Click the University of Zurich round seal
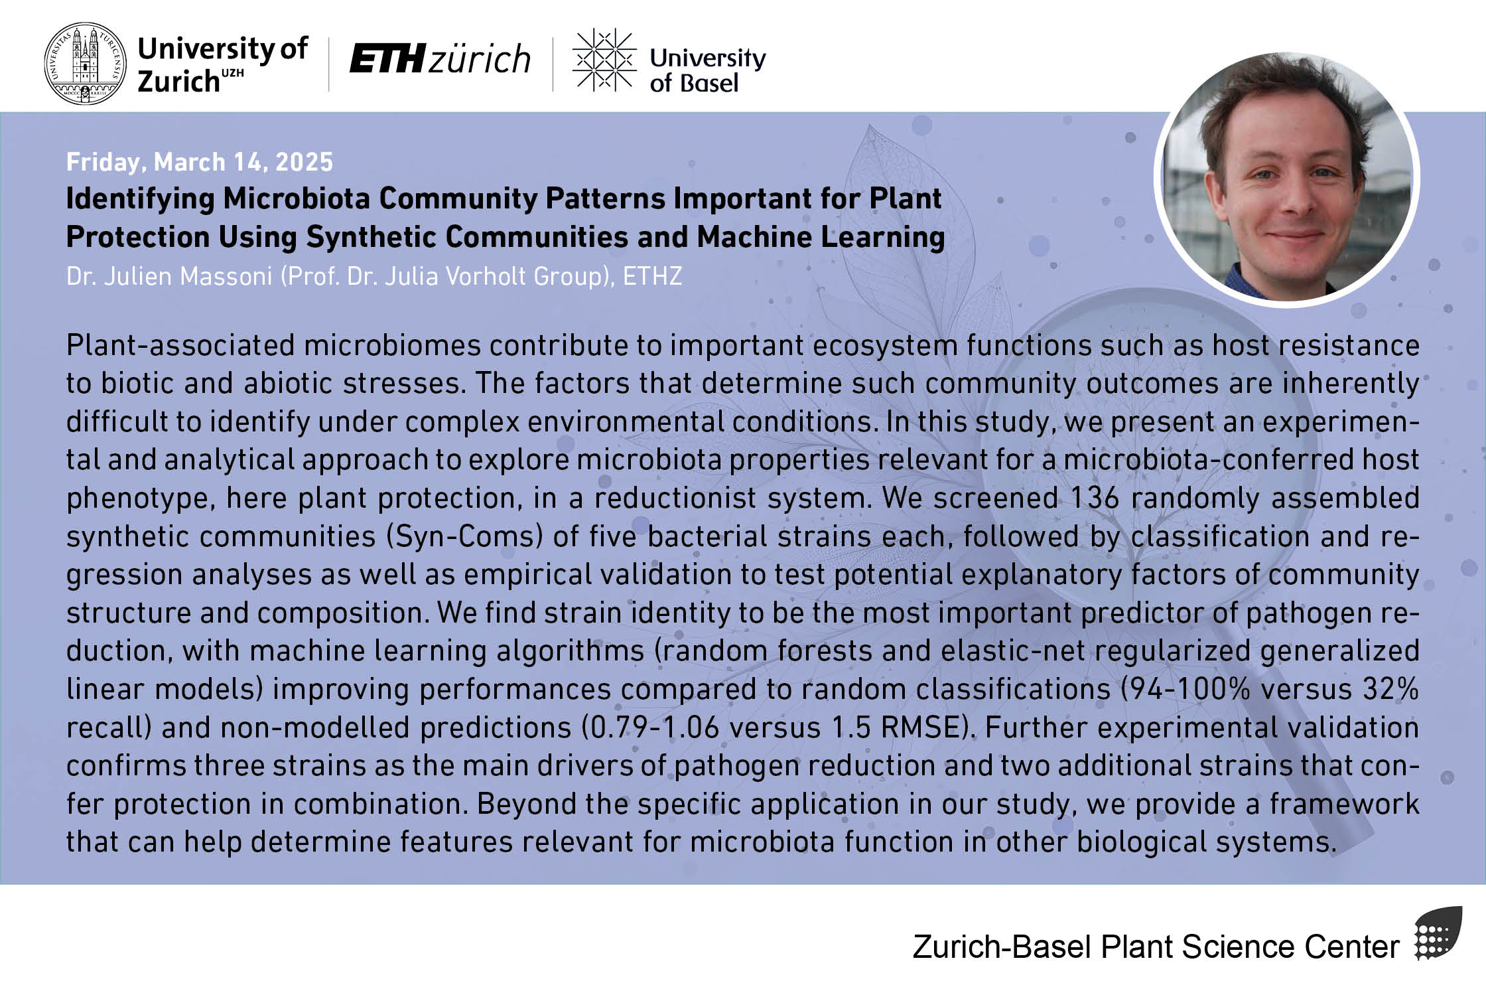84,63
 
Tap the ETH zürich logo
440,58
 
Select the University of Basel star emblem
604,59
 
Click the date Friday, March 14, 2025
200,162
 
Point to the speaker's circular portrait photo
1287,179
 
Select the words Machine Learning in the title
821,237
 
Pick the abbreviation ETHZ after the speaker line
652,276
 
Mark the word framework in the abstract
1345,804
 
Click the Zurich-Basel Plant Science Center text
1156,947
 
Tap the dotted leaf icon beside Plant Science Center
1438,933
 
